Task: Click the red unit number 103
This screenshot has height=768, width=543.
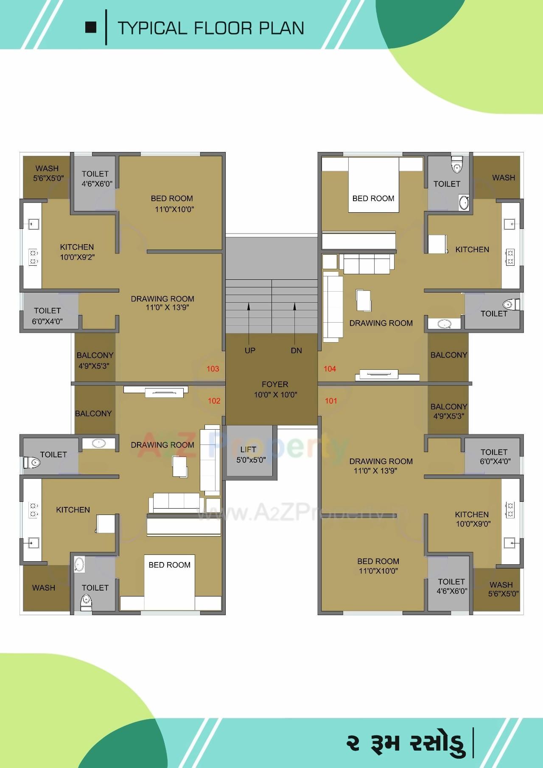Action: [213, 369]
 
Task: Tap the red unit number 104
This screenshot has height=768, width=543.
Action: [330, 369]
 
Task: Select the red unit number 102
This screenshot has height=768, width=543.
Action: [214, 401]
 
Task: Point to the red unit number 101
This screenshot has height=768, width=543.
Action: [331, 401]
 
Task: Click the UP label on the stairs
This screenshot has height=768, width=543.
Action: [250, 351]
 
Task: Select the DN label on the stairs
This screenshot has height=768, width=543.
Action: [297, 351]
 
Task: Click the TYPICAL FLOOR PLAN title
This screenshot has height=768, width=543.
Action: [211, 28]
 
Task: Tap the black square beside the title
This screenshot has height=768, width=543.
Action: [91, 28]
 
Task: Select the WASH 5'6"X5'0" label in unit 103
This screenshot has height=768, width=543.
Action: [48, 173]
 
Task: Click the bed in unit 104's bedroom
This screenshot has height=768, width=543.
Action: [373, 185]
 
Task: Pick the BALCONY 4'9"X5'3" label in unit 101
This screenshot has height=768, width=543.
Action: [448, 411]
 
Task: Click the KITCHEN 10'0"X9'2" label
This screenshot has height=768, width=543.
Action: [77, 252]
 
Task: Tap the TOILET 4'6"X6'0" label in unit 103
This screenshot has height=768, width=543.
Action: [96, 178]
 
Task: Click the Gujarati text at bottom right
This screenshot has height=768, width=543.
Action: [405, 743]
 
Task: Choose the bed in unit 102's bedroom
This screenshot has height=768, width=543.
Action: [170, 582]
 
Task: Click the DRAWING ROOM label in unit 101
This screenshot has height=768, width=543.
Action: [380, 466]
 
